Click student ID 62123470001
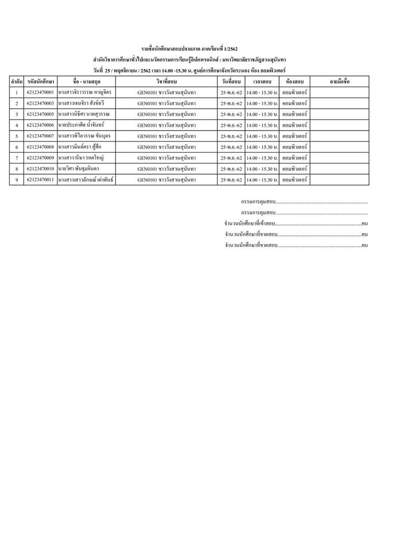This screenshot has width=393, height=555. (x=41, y=92)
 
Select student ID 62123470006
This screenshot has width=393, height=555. (x=41, y=125)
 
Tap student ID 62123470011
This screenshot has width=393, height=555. (x=41, y=180)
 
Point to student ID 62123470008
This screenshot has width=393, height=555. (x=41, y=147)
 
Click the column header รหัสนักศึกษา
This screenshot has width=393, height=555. (x=41, y=82)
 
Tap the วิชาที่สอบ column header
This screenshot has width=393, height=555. (x=166, y=82)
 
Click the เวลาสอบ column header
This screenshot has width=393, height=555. (x=263, y=82)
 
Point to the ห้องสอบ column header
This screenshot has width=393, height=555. (x=295, y=82)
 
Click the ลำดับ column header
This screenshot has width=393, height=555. (x=17, y=82)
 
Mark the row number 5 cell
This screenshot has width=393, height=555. (x=17, y=136)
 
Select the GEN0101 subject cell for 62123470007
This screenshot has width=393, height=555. (x=166, y=136)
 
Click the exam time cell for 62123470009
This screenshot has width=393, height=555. (x=263, y=158)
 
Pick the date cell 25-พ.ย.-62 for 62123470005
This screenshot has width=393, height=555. (x=231, y=114)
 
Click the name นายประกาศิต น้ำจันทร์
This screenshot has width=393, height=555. (x=85, y=125)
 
